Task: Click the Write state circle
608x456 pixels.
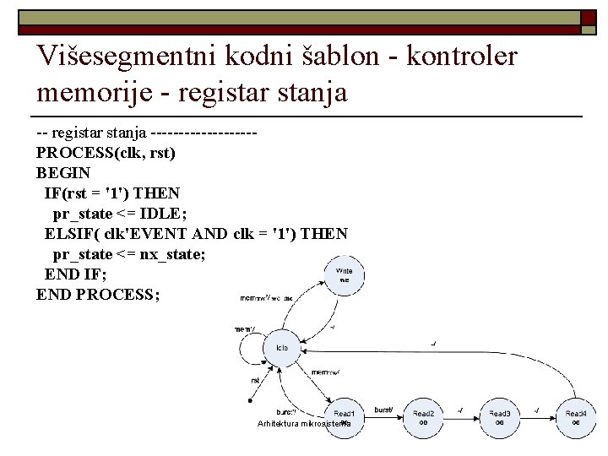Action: (345, 275)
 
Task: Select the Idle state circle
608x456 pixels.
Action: (282, 348)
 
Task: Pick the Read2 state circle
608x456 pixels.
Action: (423, 417)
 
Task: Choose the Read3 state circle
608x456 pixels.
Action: (500, 417)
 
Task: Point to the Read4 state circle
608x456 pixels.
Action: (575, 417)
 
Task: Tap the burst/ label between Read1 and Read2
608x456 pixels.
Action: (383, 410)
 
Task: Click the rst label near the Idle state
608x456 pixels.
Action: (255, 380)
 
